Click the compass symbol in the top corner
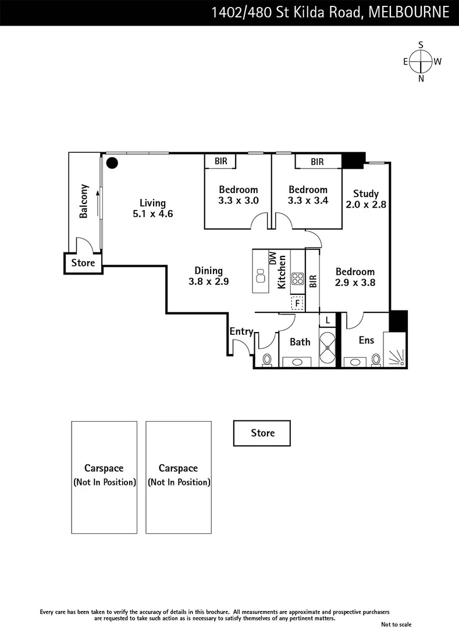tap(421, 61)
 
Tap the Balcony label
tap(84, 201)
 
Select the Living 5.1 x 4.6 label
tap(152, 208)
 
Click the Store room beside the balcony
tap(83, 263)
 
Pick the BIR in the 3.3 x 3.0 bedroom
tap(220, 161)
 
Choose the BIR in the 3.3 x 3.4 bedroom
tap(317, 162)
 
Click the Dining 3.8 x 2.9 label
tap(208, 276)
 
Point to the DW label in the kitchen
tap(271, 259)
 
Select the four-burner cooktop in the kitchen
tap(297, 279)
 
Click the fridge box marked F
tap(297, 303)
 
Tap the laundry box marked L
tap(328, 320)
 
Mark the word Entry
tap(241, 331)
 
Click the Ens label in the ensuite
tap(366, 340)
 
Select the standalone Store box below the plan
tap(262, 433)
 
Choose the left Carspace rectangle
tap(104, 477)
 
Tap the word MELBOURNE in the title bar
tap(409, 12)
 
